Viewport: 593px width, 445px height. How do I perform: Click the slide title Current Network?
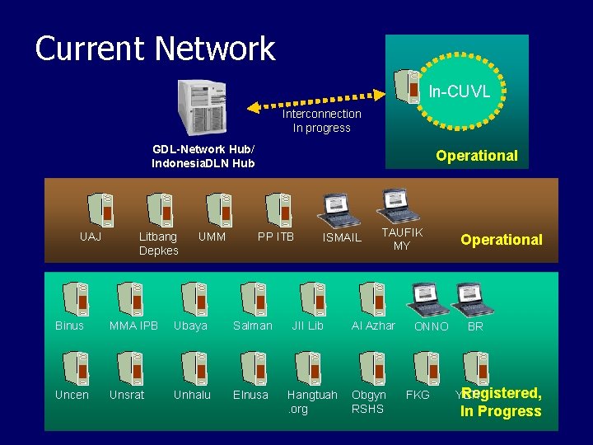(x=155, y=49)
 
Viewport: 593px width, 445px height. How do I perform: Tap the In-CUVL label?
(x=460, y=91)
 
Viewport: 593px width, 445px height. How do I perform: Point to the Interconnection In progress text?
(x=322, y=120)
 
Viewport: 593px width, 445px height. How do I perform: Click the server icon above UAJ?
(x=101, y=210)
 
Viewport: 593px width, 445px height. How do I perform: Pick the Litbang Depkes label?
(x=158, y=244)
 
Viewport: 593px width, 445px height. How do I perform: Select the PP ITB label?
(x=276, y=237)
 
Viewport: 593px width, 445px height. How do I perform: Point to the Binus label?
(x=70, y=326)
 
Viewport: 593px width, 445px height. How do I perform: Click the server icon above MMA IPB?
(x=130, y=299)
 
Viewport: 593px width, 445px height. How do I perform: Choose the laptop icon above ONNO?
(x=428, y=299)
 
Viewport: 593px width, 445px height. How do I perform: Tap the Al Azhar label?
(x=373, y=326)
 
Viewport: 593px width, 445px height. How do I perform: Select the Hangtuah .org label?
(x=311, y=402)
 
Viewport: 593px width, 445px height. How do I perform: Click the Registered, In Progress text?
(x=502, y=402)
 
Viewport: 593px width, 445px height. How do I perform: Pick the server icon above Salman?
(x=253, y=299)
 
